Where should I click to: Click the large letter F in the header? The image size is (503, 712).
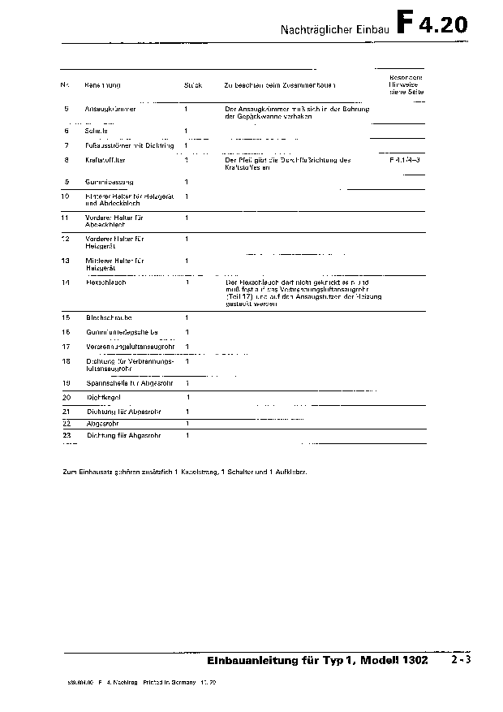pyautogui.click(x=408, y=24)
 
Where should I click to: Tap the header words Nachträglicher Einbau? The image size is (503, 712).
pyautogui.click(x=335, y=28)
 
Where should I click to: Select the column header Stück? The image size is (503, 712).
pyautogui.click(x=193, y=85)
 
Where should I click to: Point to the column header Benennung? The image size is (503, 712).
pyautogui.click(x=102, y=85)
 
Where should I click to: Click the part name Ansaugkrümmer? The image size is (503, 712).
pyautogui.click(x=110, y=108)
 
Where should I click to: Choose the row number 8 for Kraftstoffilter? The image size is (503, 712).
pyautogui.click(x=67, y=160)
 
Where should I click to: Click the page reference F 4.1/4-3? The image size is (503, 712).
pyautogui.click(x=406, y=160)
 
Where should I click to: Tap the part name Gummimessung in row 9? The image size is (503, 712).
pyautogui.click(x=110, y=181)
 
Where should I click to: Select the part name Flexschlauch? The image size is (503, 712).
pyautogui.click(x=105, y=283)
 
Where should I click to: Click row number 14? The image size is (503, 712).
pyautogui.click(x=67, y=283)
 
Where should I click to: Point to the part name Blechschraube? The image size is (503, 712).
pyautogui.click(x=109, y=317)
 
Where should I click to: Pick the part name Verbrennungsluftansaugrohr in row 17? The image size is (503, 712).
pyautogui.click(x=130, y=347)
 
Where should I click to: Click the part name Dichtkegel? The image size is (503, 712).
pyautogui.click(x=104, y=397)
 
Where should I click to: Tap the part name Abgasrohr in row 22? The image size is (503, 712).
pyautogui.click(x=99, y=423)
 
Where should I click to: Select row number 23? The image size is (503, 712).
pyautogui.click(x=67, y=435)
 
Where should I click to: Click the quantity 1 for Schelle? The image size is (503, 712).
pyautogui.click(x=186, y=131)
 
